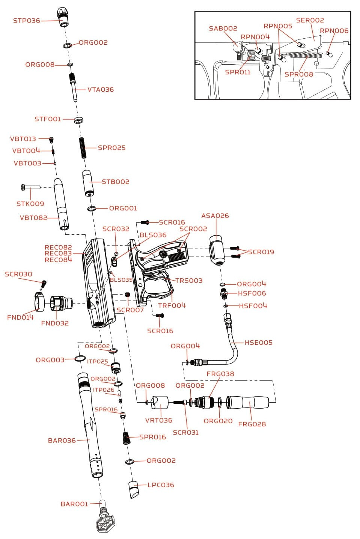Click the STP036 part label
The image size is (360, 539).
pyautogui.click(x=26, y=21)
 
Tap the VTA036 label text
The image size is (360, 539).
pyautogui.click(x=100, y=90)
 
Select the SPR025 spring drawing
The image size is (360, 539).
pyautogui.click(x=82, y=148)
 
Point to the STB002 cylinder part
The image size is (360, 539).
pyautogui.click(x=88, y=183)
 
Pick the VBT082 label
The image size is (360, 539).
pyautogui.click(x=33, y=218)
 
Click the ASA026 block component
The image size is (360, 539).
pyautogui.click(x=217, y=251)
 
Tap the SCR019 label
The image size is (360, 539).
pyautogui.click(x=261, y=252)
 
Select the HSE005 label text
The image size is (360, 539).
pyautogui.click(x=258, y=343)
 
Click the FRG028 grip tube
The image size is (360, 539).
pyautogui.click(x=248, y=402)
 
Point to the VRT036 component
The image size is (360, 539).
pyautogui.click(x=158, y=403)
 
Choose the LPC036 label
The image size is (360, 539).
pyautogui.click(x=161, y=485)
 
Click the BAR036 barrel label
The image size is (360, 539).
pyautogui.click(x=62, y=441)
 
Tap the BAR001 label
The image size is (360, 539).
pyautogui.click(x=74, y=504)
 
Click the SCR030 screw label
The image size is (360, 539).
pyautogui.click(x=18, y=275)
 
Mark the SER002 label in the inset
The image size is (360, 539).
pyautogui.click(x=310, y=20)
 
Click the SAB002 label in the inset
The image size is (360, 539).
pyautogui.click(x=223, y=29)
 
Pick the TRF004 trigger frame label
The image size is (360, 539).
pyautogui.click(x=172, y=305)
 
